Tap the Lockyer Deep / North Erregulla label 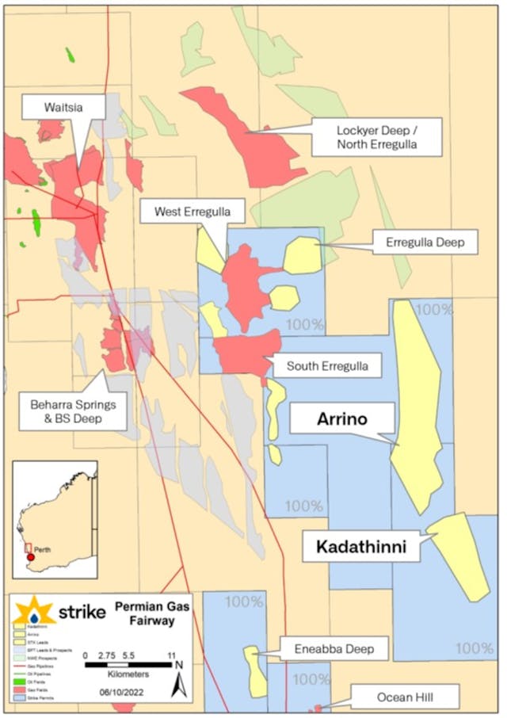pyautogui.click(x=364, y=136)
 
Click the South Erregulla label pyautogui.click(x=326, y=365)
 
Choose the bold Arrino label pyautogui.click(x=341, y=418)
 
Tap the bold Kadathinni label pyautogui.click(x=362, y=547)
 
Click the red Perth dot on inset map pyautogui.click(x=31, y=557)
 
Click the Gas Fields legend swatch pyautogui.click(x=19, y=693)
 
